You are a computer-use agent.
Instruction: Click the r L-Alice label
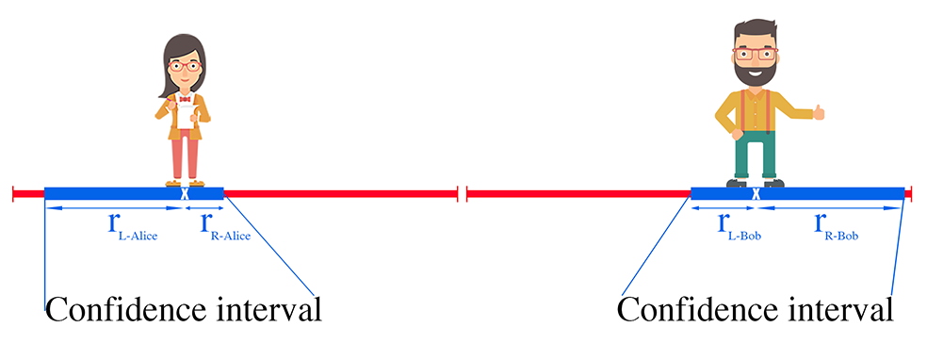tap(129, 226)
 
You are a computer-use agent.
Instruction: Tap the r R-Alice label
tap(221, 226)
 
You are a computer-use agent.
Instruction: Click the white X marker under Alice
tap(184, 193)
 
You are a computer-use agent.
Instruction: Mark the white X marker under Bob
tap(756, 193)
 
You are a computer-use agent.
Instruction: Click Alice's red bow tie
tap(185, 98)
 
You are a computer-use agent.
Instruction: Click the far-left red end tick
tap(13, 193)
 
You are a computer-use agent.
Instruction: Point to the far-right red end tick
tap(911, 193)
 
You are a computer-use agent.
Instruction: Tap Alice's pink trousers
tap(185, 155)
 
